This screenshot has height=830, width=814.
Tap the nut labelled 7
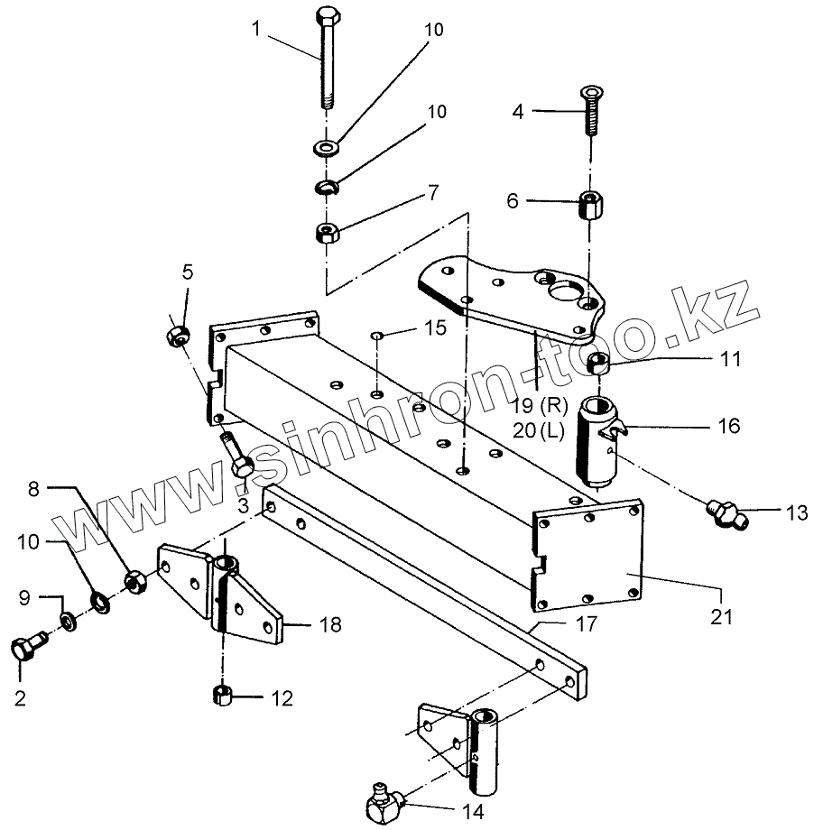[326, 234]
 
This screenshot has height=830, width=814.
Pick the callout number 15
[435, 328]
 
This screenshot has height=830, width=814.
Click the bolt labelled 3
[238, 456]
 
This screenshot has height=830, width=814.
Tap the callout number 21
[720, 618]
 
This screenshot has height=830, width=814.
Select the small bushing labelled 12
[222, 696]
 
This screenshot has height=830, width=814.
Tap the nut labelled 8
[136, 582]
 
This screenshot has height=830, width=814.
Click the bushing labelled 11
[597, 364]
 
